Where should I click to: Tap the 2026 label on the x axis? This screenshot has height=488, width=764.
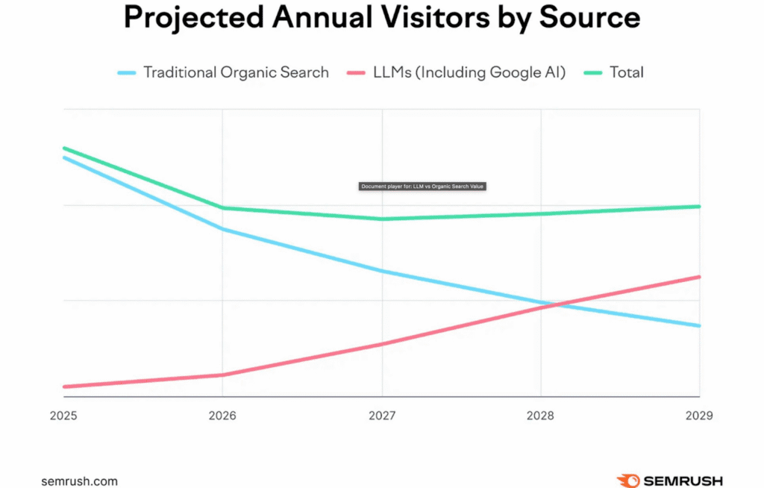coord(222,415)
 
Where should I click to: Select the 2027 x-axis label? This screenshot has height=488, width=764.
coord(382,415)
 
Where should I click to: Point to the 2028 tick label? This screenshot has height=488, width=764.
coord(541,415)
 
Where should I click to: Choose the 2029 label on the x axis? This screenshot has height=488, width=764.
coord(698,415)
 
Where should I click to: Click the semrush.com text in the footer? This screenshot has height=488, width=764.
coord(79,481)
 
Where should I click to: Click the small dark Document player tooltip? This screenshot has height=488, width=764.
coord(422,187)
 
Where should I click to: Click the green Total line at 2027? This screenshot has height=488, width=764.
coord(382,219)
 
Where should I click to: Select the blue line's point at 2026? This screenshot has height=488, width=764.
coord(222,229)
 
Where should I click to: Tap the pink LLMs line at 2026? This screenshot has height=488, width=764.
coord(222,375)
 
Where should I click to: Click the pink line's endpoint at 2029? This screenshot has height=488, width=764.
coord(699,277)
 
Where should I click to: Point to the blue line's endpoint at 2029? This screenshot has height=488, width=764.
coord(699,325)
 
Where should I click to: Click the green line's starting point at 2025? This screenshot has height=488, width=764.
coord(64,148)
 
